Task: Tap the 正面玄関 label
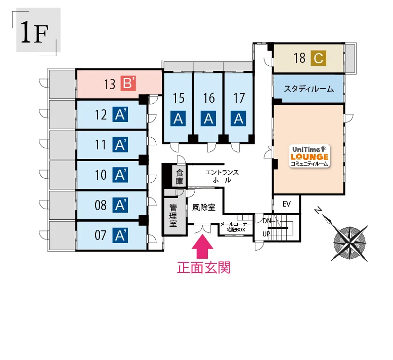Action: pyautogui.click(x=204, y=268)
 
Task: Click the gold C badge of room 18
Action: pyautogui.click(x=318, y=58)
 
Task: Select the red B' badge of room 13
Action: pyautogui.click(x=128, y=83)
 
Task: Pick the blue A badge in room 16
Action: pyautogui.click(x=208, y=118)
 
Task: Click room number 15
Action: pyautogui.click(x=179, y=98)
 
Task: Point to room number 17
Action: pyautogui.click(x=239, y=98)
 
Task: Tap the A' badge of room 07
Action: pyautogui.click(x=120, y=235)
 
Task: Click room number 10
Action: pyautogui.click(x=101, y=175)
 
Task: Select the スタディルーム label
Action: pyautogui.click(x=309, y=89)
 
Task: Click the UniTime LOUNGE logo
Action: pyautogui.click(x=310, y=156)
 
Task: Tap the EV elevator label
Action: pyautogui.click(x=286, y=204)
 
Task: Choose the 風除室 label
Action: pyautogui.click(x=204, y=208)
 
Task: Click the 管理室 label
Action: pyautogui.click(x=173, y=216)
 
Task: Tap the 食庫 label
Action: pyautogui.click(x=180, y=177)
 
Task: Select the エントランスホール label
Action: pyautogui.click(x=222, y=176)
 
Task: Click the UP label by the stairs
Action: pyautogui.click(x=266, y=234)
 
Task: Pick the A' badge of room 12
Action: pyautogui.click(x=120, y=114)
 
